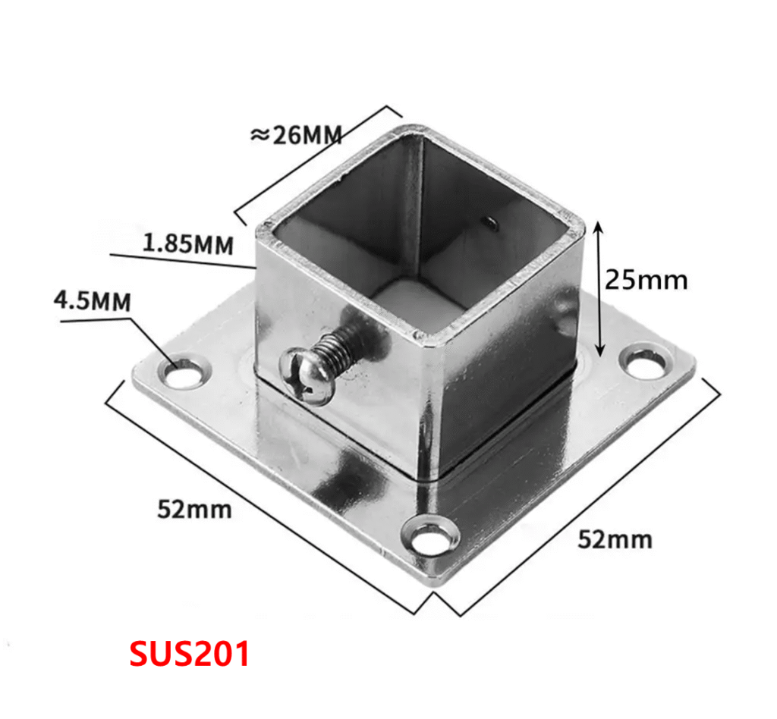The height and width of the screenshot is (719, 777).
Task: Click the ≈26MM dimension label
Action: [297, 135]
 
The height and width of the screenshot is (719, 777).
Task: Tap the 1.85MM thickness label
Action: [188, 244]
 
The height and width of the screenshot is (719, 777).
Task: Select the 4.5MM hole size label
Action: [93, 300]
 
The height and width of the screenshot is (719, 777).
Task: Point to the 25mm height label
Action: [646, 280]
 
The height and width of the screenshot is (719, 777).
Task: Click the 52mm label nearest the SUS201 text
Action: [194, 509]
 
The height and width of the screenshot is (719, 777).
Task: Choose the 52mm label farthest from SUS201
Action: [615, 538]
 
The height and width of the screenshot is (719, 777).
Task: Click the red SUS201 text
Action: [189, 654]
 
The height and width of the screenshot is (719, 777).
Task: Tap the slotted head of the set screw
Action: [307, 375]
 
